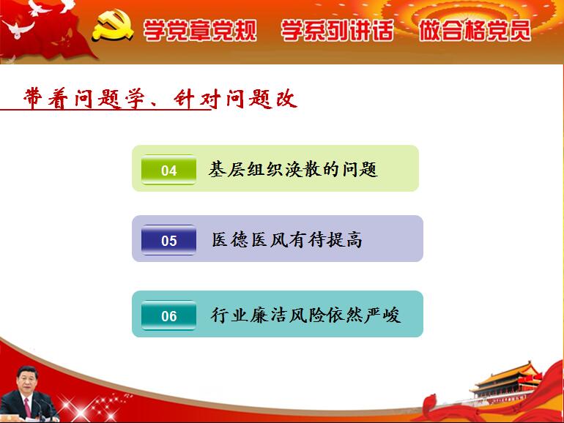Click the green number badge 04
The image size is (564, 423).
(168, 170)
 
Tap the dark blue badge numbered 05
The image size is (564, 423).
(168, 240)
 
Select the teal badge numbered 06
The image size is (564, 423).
(168, 315)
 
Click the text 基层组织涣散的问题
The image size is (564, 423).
(293, 169)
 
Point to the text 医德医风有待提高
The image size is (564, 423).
(286, 239)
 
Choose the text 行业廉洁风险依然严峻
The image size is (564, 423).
(305, 315)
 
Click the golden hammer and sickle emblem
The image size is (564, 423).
(113, 25)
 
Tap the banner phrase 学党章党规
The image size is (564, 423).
(200, 30)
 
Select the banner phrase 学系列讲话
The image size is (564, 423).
(337, 30)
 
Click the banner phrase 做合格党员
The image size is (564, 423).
(475, 30)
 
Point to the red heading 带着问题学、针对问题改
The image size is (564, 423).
(160, 99)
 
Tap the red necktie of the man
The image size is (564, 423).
(27, 406)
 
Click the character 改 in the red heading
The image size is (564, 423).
(286, 99)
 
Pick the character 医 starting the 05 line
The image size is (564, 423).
(220, 239)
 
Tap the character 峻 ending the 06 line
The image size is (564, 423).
(392, 315)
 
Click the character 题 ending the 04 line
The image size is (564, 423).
(368, 169)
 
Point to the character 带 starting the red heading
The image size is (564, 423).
(34, 98)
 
